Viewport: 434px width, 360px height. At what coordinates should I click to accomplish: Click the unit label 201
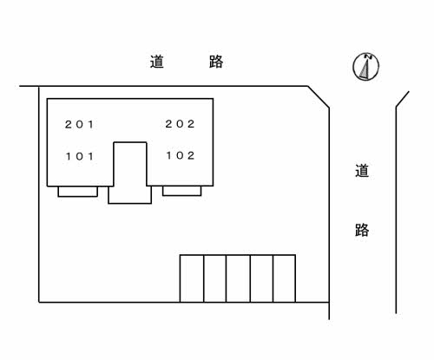pos(79,125)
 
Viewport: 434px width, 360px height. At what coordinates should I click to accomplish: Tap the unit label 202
pos(180,124)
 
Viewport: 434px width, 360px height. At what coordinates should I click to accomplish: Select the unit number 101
pos(79,156)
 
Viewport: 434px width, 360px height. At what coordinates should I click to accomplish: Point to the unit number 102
pos(180,155)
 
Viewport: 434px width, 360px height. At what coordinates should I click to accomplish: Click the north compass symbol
pos(365,67)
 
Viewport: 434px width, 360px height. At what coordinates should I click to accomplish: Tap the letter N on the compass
pos(368,56)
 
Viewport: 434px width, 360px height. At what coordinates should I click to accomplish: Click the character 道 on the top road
pos(157,62)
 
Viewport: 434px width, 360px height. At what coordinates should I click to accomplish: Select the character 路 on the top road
pos(216,62)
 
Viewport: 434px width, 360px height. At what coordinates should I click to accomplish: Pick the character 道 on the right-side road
pos(362,171)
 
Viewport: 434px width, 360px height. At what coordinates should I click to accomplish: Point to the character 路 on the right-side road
pos(362,230)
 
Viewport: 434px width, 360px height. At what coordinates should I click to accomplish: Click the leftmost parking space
pos(192,278)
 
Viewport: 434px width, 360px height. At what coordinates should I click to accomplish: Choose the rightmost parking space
pos(284,278)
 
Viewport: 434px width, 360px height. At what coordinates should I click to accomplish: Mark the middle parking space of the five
pos(238,278)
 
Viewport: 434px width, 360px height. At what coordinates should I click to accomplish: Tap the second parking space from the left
pos(215,278)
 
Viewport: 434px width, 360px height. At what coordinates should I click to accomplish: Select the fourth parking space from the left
pos(261,278)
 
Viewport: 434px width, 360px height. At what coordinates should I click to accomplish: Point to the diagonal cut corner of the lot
pos(319,97)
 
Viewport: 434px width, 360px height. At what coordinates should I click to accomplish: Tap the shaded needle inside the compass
pos(365,69)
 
